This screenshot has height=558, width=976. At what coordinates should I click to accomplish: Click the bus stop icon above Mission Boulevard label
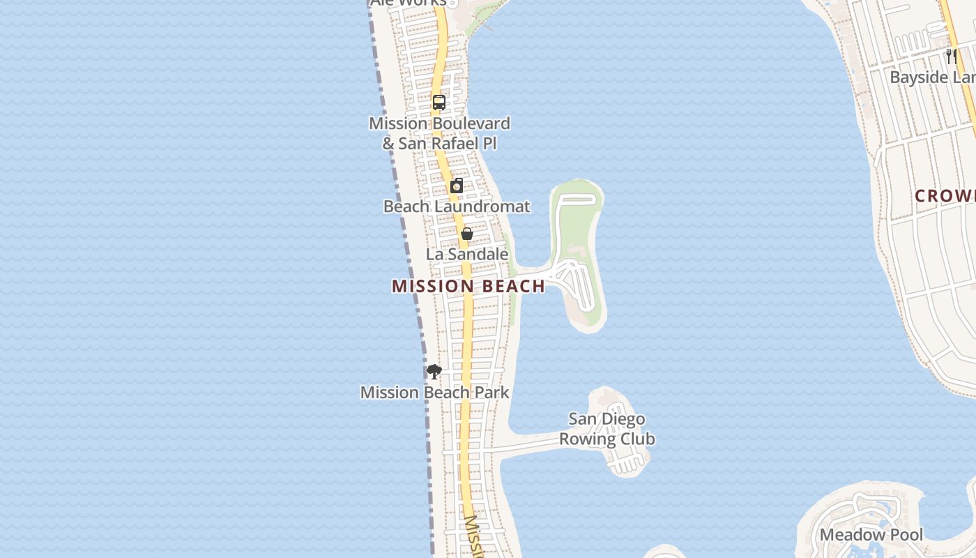coord(439,103)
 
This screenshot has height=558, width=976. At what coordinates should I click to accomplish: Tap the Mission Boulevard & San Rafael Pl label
coord(439,133)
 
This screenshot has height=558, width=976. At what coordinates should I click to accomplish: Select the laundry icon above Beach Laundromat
coord(457,186)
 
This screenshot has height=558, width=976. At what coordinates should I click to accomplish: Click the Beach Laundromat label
coord(457,206)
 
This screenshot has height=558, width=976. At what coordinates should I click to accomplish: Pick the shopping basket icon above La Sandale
coord(467,234)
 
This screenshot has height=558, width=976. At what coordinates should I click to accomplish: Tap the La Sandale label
coord(466,254)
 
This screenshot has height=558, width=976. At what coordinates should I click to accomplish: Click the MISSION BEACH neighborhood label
coord(468,286)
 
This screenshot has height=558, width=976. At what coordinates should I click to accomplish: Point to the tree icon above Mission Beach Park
coord(434,371)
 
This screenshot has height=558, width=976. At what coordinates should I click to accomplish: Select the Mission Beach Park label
coord(434,393)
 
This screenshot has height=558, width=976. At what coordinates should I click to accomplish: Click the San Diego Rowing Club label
coord(607,429)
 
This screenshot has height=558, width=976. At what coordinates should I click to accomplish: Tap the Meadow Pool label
coord(871,535)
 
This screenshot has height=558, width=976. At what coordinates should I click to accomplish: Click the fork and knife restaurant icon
coord(951,56)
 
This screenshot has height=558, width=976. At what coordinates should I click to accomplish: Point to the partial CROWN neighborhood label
coord(945,196)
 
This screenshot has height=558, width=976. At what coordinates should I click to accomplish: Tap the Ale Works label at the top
coord(408,3)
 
